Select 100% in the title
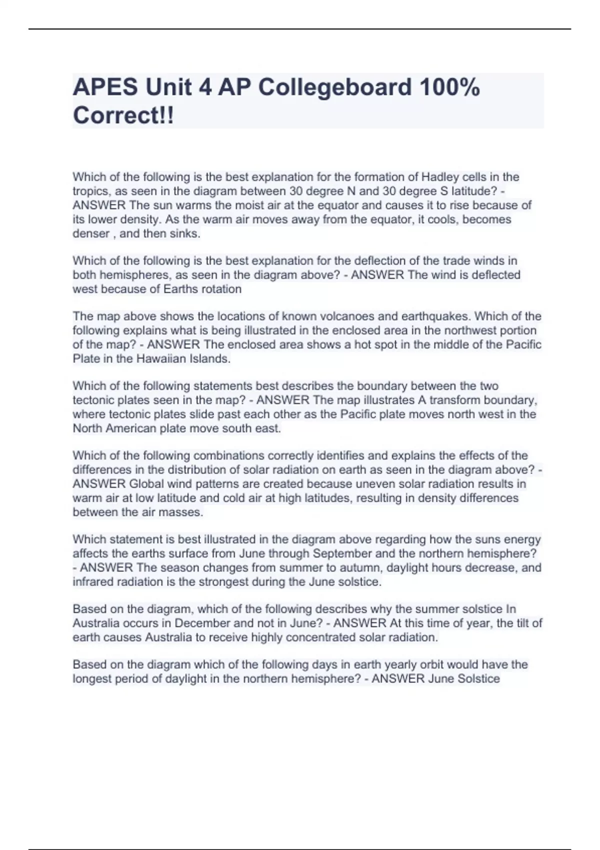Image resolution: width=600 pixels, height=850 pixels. (450, 87)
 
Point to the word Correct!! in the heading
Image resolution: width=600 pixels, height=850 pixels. (123, 115)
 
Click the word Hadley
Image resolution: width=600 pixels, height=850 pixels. (439, 177)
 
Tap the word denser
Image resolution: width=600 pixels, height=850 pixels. (91, 233)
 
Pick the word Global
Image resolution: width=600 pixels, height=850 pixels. (146, 484)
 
